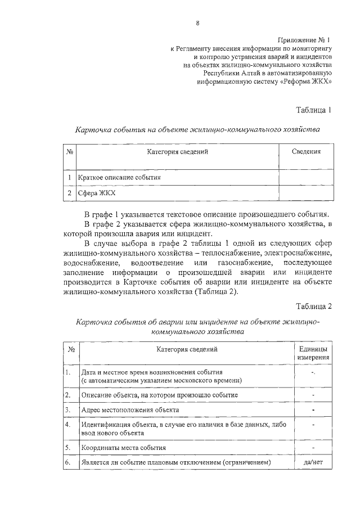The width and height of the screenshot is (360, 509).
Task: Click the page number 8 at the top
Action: [x=197, y=23]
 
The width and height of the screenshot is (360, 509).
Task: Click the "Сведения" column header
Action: [x=307, y=151]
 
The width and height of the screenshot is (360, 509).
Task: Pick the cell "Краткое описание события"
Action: [x=119, y=177]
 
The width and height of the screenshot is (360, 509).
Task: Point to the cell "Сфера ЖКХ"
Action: [x=95, y=193]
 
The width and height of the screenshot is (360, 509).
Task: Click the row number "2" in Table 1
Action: [x=68, y=193]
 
